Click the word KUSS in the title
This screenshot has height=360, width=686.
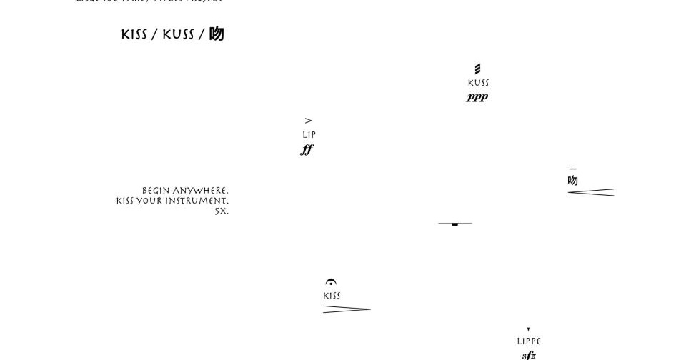tap(178, 35)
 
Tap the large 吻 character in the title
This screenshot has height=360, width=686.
tap(217, 34)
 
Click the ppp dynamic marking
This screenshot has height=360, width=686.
tap(477, 97)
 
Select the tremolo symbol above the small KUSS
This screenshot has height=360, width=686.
tap(478, 69)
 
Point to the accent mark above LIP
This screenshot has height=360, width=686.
tap(309, 121)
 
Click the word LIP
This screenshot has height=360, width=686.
tap(309, 135)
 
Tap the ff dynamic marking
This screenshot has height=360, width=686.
tap(307, 149)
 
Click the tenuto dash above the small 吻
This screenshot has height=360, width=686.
tap(572, 169)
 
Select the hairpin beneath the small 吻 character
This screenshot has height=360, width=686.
tap(591, 192)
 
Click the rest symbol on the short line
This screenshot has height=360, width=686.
tap(455, 224)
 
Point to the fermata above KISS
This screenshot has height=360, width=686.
tap(331, 283)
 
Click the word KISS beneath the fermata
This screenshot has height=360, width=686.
tap(332, 296)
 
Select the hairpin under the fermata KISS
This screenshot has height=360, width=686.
tap(347, 309)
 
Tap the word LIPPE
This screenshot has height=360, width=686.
tap(529, 341)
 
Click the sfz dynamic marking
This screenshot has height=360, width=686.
tap(529, 355)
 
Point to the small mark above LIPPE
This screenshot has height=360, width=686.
tap(528, 329)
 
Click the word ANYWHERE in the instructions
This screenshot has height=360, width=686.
tap(201, 191)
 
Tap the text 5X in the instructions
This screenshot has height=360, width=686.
tap(222, 211)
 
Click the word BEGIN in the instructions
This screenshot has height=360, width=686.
tap(156, 191)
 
